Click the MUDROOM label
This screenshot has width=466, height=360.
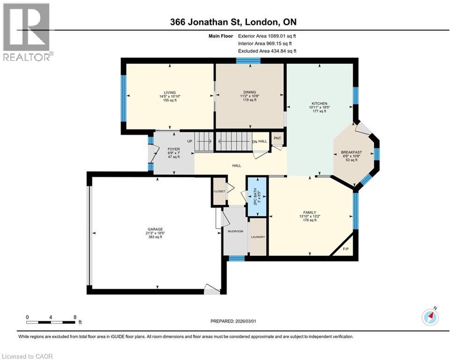[236, 231]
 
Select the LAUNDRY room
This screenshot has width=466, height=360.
[258, 237]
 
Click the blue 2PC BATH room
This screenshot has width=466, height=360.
[257, 196]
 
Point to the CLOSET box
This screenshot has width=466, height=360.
[219, 192]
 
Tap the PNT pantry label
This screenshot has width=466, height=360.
[277, 138]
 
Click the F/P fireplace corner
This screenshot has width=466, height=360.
[347, 249]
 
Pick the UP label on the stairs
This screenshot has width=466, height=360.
[190, 141]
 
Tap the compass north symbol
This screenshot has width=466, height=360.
[430, 316]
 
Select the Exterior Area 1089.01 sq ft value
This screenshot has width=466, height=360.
[267, 36]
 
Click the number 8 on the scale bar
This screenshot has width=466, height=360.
[75, 317]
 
